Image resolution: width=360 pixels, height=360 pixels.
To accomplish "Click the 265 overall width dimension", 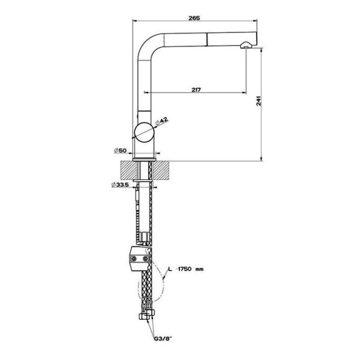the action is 194,17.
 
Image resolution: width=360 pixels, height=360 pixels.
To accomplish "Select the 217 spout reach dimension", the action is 196,89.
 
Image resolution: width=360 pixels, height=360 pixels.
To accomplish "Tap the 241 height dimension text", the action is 259,101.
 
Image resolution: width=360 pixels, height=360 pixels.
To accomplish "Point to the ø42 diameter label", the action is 161,121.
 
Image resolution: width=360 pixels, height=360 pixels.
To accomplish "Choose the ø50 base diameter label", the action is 121,151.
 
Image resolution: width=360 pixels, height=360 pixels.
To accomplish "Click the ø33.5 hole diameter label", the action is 120,184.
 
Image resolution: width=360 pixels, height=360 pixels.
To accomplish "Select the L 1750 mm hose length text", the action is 186,269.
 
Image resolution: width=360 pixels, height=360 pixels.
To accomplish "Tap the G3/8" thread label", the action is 163,338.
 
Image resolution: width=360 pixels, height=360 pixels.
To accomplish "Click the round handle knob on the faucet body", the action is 144,133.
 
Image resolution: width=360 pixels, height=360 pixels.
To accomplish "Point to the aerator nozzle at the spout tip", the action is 245,45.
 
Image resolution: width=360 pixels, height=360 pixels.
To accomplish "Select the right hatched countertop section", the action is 161,170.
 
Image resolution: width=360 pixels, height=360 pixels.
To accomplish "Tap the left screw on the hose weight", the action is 133,259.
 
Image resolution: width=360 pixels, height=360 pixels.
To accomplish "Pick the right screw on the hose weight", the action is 145,259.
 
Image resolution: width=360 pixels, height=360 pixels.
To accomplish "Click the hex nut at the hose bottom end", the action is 143,316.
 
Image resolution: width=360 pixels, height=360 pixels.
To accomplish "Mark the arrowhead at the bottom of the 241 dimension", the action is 261,159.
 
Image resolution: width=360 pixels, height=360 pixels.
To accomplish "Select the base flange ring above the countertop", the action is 145,160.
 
